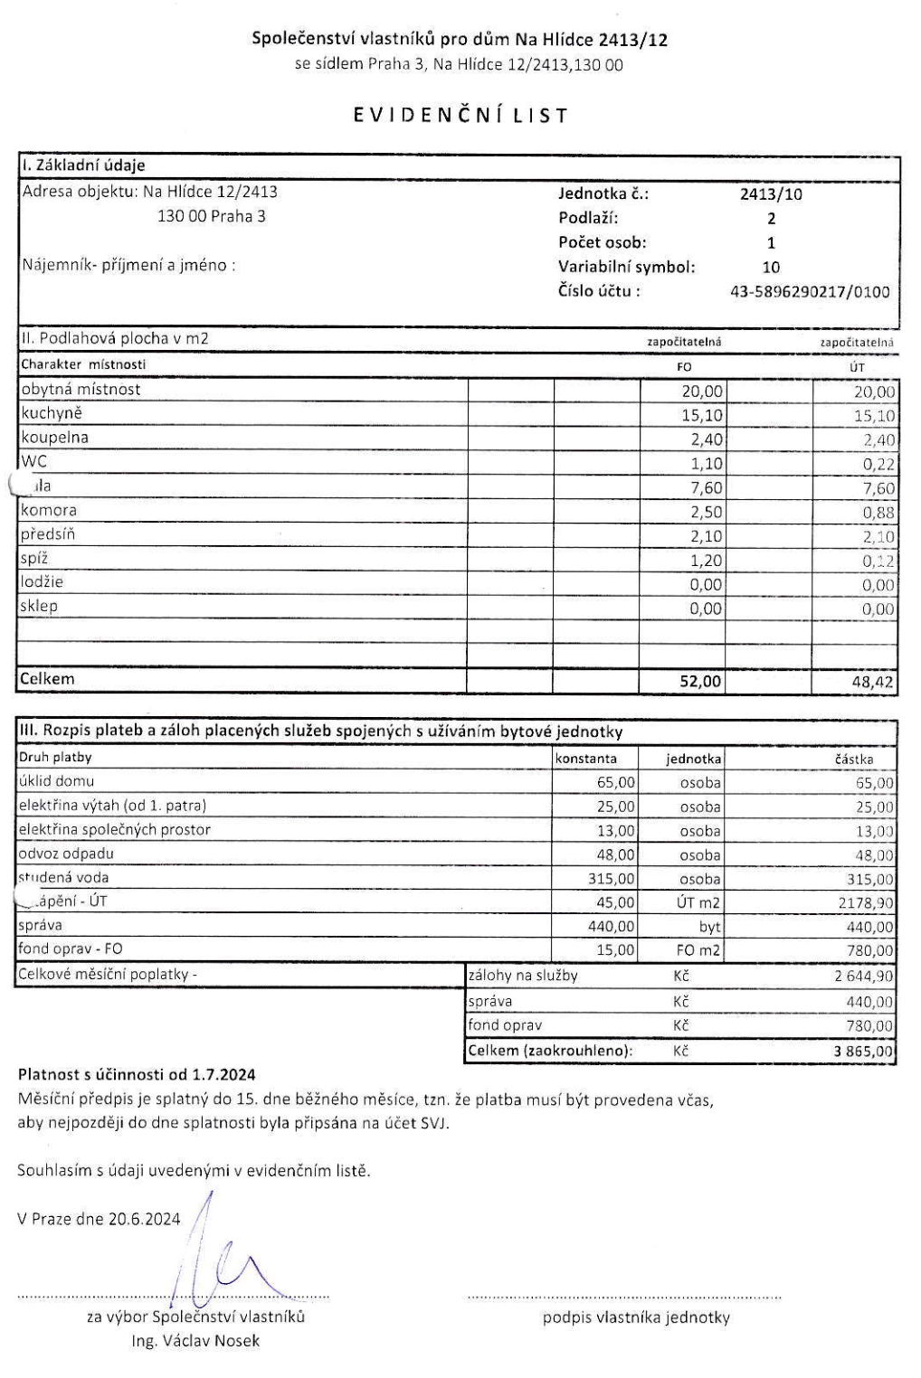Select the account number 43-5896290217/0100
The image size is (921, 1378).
tap(810, 291)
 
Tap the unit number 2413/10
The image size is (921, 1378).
tap(771, 193)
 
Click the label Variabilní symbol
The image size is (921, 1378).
tap(626, 267)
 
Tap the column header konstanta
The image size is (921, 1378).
tap(587, 760)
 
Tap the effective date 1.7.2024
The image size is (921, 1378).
tap(223, 1075)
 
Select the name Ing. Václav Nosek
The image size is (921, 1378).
tap(195, 1340)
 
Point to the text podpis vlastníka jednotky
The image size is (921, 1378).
tap(636, 1317)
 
